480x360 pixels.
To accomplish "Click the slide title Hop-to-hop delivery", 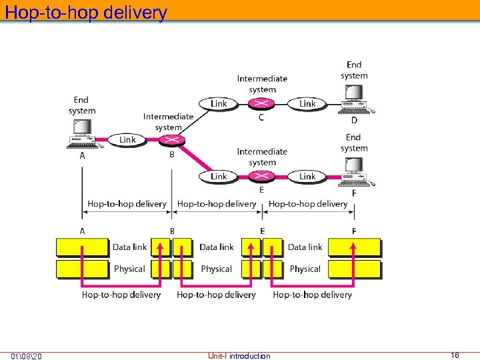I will (x=85, y=12).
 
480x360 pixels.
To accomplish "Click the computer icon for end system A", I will (x=82, y=133).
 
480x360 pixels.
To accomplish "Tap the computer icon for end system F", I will (x=354, y=173).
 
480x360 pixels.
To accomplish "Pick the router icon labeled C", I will (x=261, y=103).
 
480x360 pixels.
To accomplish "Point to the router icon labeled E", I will (x=261, y=176).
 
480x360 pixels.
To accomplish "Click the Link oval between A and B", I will (x=127, y=139).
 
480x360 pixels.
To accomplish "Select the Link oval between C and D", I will (x=307, y=103).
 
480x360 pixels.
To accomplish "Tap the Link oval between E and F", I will (x=307, y=176).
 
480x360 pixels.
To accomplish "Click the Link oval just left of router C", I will (x=218, y=103).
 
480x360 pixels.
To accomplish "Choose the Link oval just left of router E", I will (x=218, y=176).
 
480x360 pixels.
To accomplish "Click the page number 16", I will (x=455, y=355).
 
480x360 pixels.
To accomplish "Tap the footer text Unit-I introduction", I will (x=239, y=355).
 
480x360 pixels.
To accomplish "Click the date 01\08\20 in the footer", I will (x=27, y=355).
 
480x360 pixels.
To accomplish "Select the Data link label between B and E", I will (x=216, y=247).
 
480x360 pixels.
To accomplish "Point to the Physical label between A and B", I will (x=129, y=269).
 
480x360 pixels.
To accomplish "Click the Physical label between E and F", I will (x=305, y=269).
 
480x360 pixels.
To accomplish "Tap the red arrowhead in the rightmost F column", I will (x=353, y=245).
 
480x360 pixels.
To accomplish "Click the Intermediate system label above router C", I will (x=262, y=84).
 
